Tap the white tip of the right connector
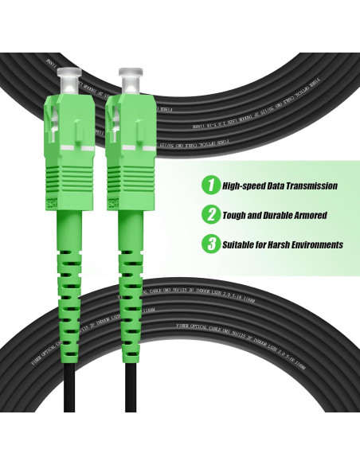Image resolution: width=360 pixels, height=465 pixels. tap(128, 80)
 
